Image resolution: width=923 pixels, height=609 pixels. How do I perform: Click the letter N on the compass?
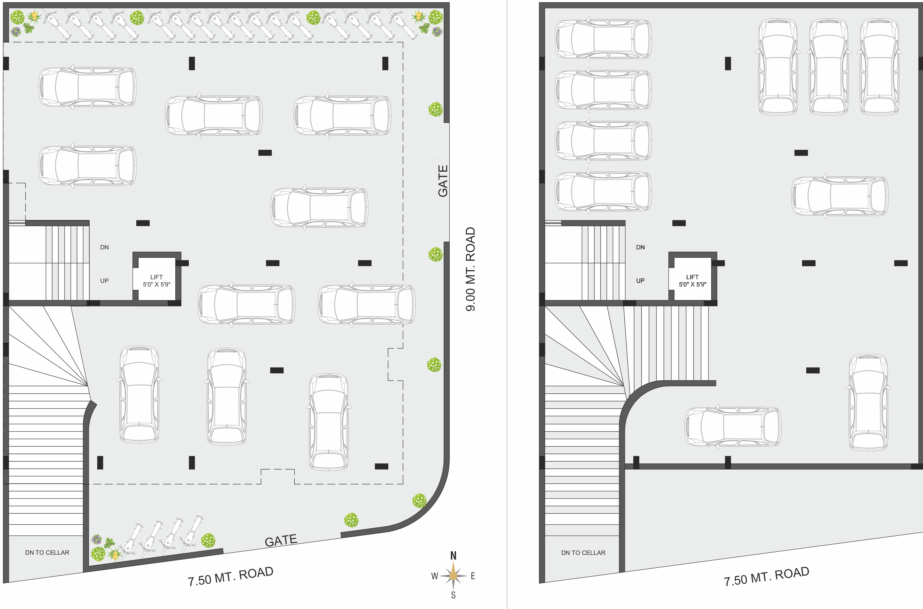point(453,556)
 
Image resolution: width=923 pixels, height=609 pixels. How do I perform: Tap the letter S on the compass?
point(453,595)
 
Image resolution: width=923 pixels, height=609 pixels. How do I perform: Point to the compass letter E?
point(473,576)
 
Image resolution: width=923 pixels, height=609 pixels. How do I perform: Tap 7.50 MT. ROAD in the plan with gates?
point(231,576)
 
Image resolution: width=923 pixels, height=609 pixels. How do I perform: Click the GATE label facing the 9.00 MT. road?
point(443,181)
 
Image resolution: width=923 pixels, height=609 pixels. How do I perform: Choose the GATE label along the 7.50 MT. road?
point(281,540)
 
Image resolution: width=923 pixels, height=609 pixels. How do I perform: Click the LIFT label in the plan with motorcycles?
point(156,277)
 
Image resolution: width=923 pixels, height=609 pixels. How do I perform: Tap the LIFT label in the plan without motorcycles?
point(692,277)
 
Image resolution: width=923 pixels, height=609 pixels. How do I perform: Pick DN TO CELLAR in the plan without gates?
point(583,552)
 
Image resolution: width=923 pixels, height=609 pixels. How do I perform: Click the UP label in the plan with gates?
point(104,280)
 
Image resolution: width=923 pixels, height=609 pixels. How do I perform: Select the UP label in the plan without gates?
point(640,280)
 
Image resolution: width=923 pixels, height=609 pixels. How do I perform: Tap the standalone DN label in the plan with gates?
point(104,247)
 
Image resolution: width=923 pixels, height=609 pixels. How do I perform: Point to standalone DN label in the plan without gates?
point(640,247)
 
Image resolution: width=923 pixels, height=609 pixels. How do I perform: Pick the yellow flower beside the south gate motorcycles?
point(115,554)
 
